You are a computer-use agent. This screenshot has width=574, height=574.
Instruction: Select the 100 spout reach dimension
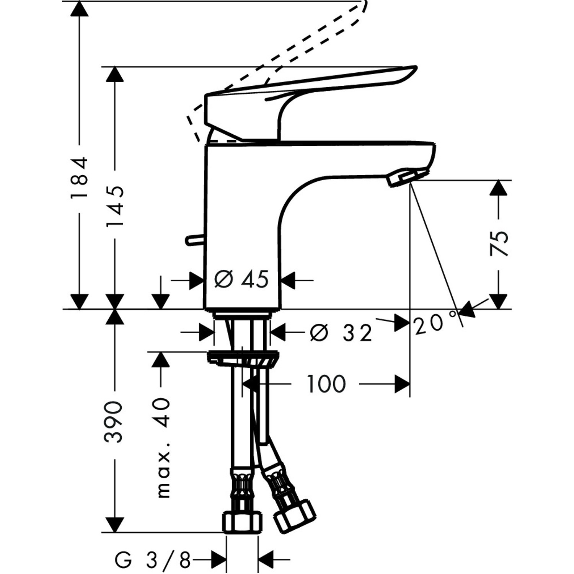(326, 384)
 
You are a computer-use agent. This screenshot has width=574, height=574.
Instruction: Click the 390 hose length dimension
(114, 422)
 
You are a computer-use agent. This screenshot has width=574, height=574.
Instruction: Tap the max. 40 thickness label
(163, 448)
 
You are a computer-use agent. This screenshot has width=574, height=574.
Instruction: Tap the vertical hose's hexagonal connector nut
(243, 523)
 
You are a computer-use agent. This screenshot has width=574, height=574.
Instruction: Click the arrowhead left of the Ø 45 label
(196, 280)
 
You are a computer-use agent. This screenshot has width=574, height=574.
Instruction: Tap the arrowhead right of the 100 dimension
(402, 384)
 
